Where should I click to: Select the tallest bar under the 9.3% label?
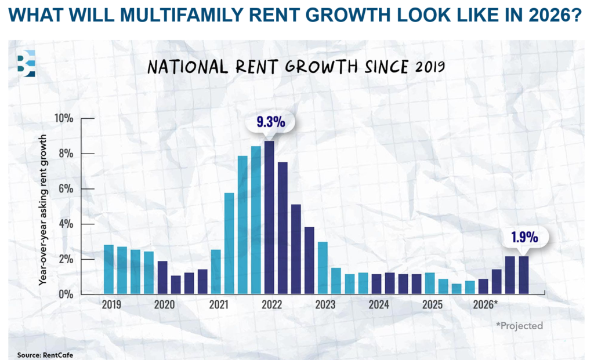270,217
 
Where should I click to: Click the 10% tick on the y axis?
65,119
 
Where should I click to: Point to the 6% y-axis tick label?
67,189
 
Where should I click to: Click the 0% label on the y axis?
67,294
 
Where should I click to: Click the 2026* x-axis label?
486,305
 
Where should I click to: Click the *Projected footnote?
519,326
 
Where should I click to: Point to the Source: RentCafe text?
37,355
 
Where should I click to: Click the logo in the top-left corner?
27,64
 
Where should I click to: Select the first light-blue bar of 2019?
108,270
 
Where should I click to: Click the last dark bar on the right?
524,275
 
